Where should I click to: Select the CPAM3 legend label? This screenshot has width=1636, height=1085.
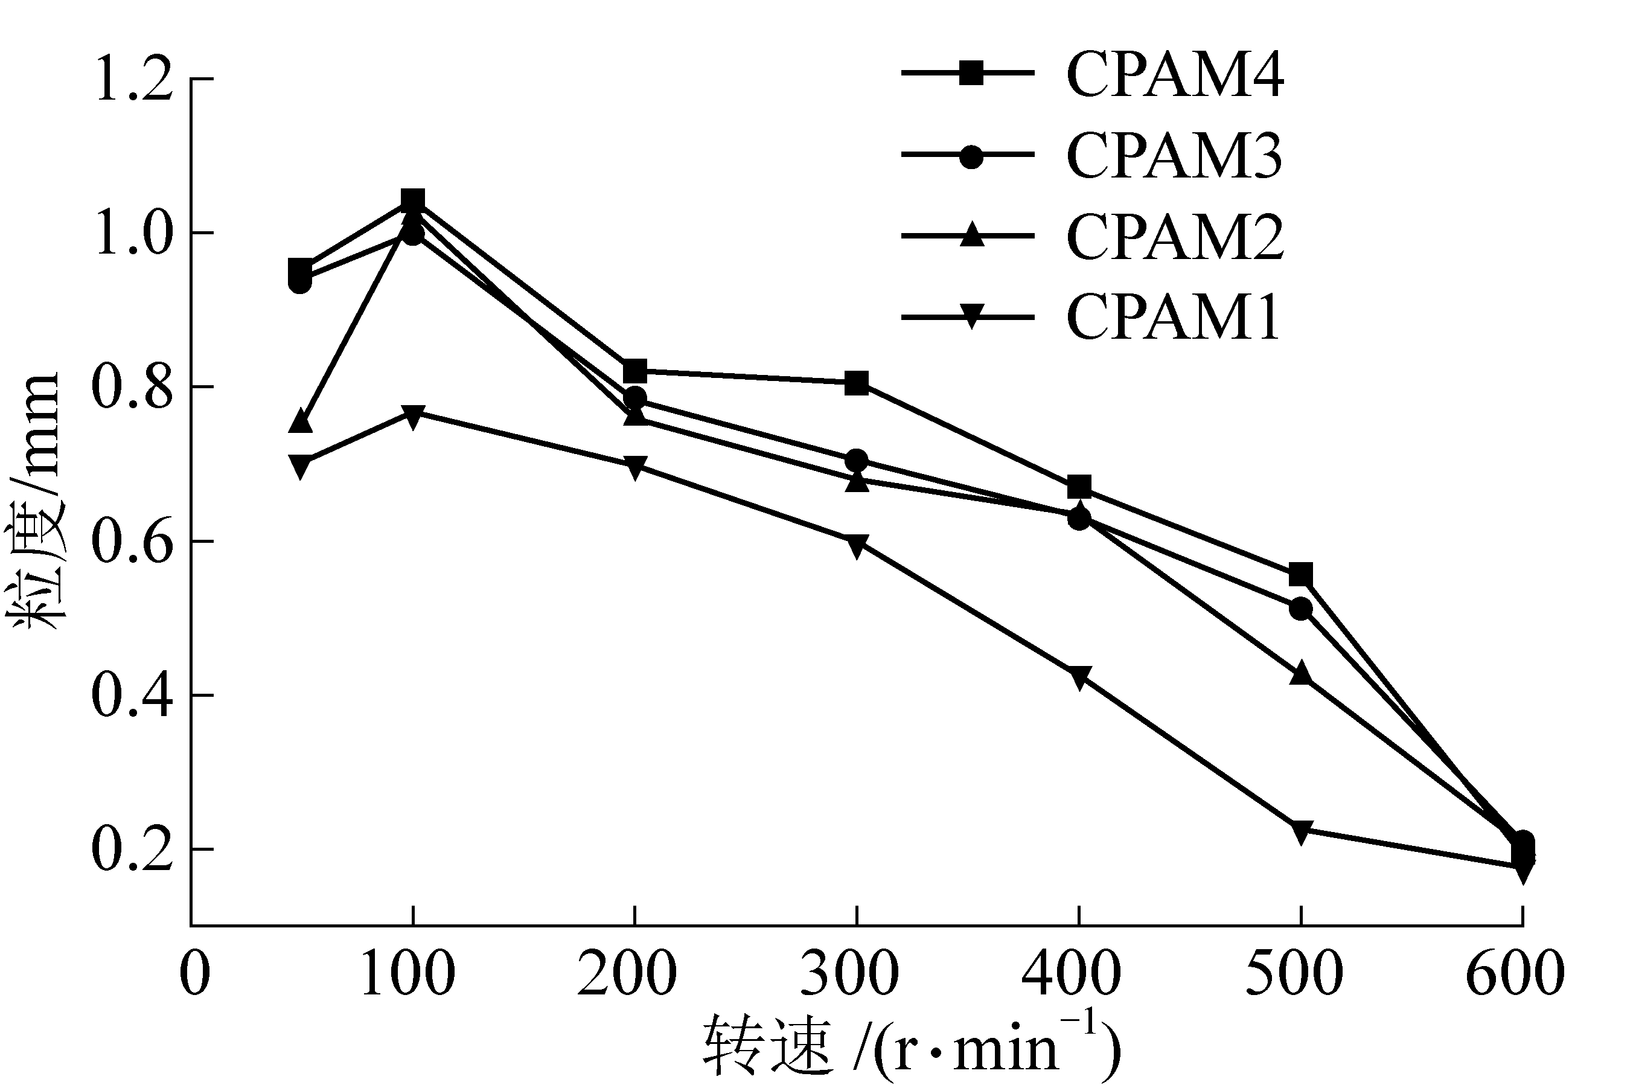[x=1175, y=156]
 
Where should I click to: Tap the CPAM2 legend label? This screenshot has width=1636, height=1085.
[x=1175, y=237]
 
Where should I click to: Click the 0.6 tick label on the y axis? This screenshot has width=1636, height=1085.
[x=132, y=541]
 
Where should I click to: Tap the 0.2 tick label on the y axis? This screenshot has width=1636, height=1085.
[x=132, y=849]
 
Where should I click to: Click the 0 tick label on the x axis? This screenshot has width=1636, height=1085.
[x=194, y=973]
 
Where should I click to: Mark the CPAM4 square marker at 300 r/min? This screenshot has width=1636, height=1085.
[x=857, y=383]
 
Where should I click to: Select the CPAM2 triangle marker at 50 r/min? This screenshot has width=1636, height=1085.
[x=300, y=420]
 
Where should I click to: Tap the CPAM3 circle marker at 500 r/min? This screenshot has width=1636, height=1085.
[x=1300, y=609]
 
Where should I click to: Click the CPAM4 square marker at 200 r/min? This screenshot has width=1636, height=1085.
[x=634, y=371]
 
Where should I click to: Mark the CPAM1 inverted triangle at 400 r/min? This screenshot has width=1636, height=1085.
[x=1078, y=677]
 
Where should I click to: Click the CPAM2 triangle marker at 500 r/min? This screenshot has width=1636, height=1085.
[x=1300, y=673]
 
